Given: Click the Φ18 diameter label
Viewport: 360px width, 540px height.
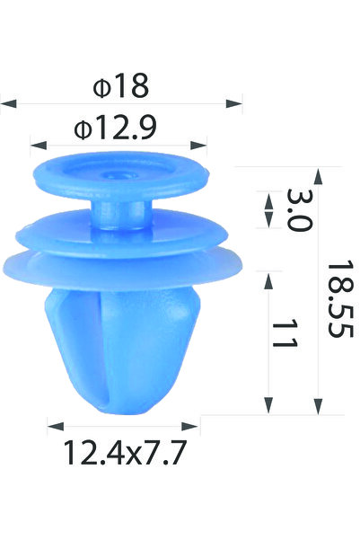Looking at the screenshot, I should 120,86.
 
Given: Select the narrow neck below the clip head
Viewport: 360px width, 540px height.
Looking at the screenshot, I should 120,216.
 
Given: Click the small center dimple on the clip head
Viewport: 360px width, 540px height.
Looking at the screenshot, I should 119,173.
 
